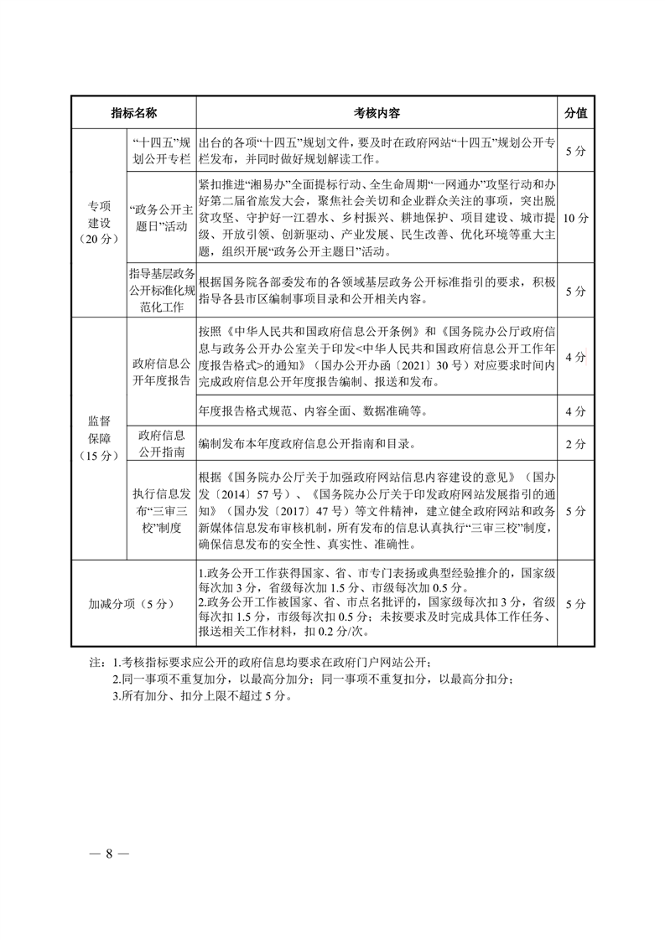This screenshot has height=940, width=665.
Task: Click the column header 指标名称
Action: (133, 112)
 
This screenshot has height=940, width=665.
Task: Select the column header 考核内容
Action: (376, 112)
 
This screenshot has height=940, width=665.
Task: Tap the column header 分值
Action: (575, 112)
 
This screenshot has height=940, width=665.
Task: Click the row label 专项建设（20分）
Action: (98, 222)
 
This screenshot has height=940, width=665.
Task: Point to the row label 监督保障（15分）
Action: (98, 437)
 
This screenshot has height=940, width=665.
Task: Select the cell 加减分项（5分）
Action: (132, 603)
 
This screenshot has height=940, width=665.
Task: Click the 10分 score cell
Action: (575, 217)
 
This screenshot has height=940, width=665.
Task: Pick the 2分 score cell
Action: (575, 443)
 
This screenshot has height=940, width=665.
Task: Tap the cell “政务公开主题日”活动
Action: (161, 217)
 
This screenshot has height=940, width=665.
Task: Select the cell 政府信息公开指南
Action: (161, 442)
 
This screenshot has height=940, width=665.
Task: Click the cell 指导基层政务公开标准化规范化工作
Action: (161, 289)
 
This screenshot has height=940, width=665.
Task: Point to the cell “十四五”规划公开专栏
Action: (161, 150)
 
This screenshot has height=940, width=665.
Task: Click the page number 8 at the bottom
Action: (108, 854)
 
